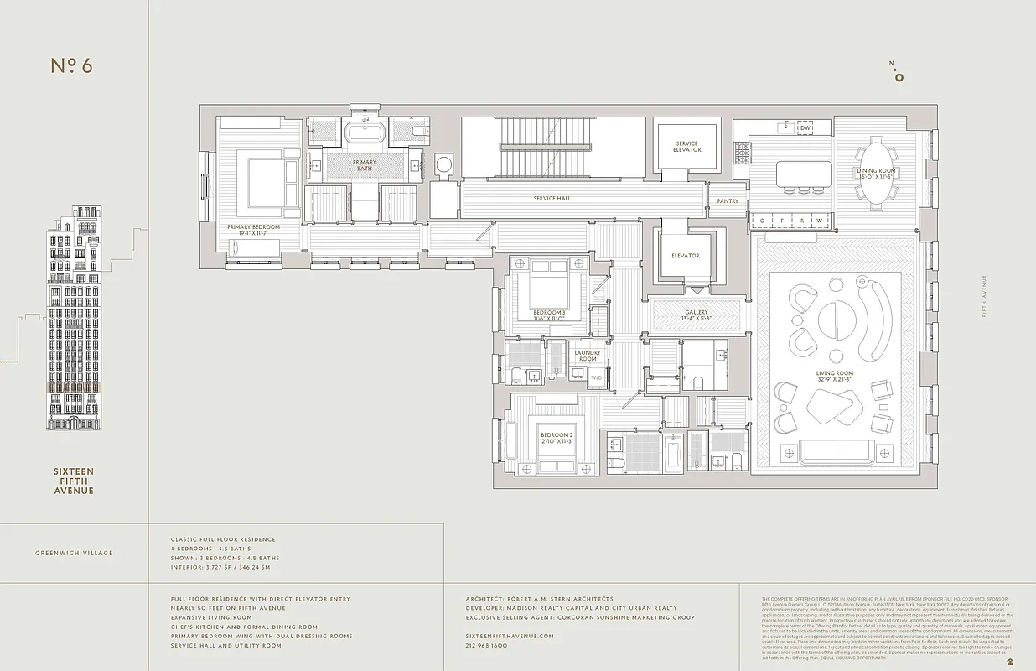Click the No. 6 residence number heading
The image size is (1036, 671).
(x=71, y=66)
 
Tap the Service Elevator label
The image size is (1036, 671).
(x=686, y=147)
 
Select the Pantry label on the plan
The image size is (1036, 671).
(x=727, y=201)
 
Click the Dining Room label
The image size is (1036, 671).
(x=876, y=171)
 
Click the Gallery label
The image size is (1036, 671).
(x=697, y=312)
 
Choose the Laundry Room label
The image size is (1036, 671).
(x=588, y=356)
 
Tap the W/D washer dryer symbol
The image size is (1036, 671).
(x=597, y=378)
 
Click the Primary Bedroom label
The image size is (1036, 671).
(x=253, y=227)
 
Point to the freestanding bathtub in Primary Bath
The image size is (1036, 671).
(x=365, y=133)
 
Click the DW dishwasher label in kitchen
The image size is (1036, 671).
(x=805, y=128)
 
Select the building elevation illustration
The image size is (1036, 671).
(x=75, y=318)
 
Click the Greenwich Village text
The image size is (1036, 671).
(x=74, y=553)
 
